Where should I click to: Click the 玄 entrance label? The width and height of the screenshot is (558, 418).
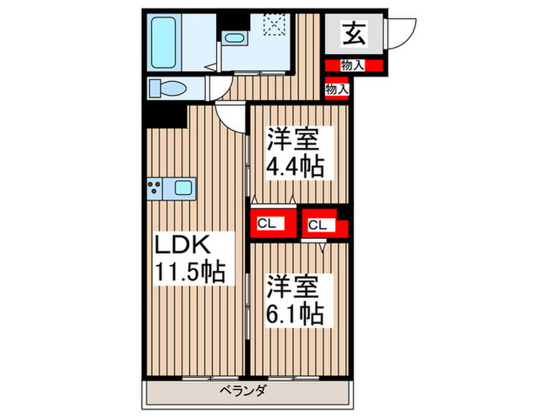[x=353, y=33]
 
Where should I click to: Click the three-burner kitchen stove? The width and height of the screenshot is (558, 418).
[x=155, y=189]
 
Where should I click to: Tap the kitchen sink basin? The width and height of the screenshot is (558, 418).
[x=183, y=189]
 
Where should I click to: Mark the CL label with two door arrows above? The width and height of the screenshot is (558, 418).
[x=266, y=224]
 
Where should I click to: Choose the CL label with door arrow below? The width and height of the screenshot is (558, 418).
[x=317, y=225]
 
